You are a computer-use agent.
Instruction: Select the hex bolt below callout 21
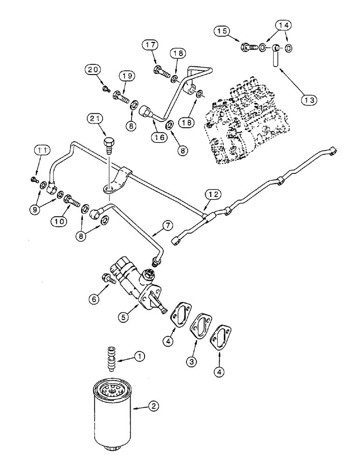(108, 140)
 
